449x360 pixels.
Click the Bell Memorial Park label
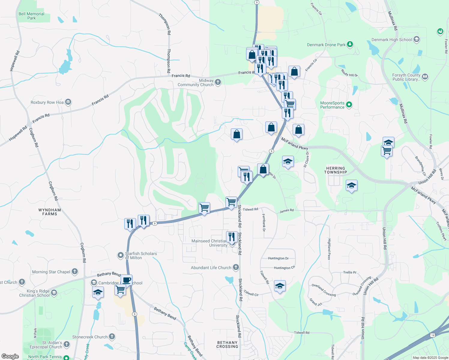coord(31,16)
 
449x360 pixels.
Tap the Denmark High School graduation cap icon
coord(416,39)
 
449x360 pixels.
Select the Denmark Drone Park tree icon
coord(350,44)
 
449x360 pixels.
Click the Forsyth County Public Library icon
coord(425,77)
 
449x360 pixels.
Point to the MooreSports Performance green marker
coord(349,105)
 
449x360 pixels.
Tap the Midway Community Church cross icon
coord(218,82)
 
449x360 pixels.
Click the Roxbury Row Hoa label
coord(47,102)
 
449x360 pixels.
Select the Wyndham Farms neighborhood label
coord(50,212)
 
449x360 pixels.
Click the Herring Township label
coord(336,170)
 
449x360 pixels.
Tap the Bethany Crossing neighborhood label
coord(227,344)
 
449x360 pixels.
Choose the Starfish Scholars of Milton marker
coord(121,255)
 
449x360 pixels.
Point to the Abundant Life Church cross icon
coord(236,267)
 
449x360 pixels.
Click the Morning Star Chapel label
coord(51,272)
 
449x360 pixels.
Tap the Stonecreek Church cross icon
coord(112,337)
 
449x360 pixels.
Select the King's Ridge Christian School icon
coord(54,293)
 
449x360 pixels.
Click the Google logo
coord(10,356)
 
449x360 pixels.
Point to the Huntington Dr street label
coord(278,258)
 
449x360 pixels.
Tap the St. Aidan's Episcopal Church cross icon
coord(67,344)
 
